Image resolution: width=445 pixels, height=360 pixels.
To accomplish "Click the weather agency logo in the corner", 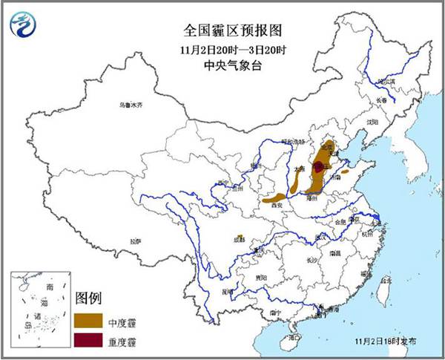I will (x=23, y=24).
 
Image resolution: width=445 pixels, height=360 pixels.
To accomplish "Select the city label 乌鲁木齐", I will (x=130, y=106).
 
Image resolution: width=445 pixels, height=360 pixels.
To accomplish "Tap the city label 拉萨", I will (x=134, y=241).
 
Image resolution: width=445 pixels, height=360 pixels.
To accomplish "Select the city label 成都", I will (x=239, y=240).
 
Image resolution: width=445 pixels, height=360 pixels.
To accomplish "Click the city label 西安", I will (x=277, y=204).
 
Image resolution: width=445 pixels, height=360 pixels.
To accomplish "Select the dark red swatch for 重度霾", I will (x=88, y=342).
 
